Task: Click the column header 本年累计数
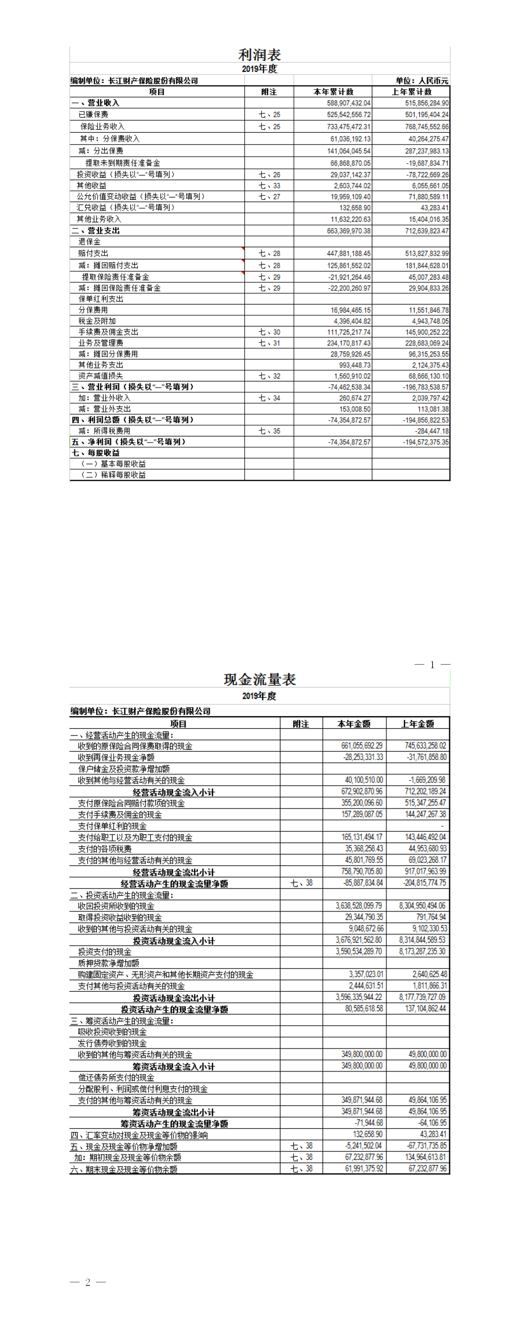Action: pos(333,92)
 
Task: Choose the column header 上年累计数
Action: pos(411,92)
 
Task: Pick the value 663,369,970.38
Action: pos(348,230)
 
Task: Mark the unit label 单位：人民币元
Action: pos(422,81)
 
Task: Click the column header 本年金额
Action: pos(354,724)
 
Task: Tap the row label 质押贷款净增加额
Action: pos(109,963)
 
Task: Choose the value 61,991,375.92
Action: pos(364,1169)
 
